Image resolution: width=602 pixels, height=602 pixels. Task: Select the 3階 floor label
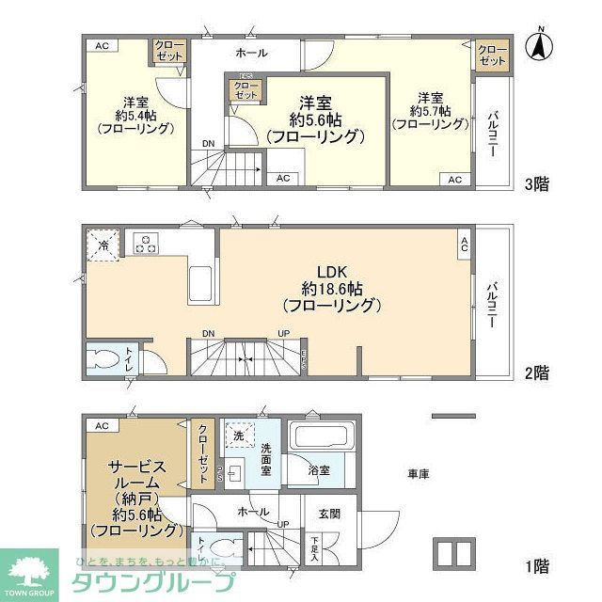pyautogui.click(x=536, y=184)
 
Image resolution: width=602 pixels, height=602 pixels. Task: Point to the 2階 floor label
pyautogui.click(x=536, y=373)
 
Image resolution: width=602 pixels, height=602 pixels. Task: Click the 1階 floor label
pyautogui.click(x=536, y=565)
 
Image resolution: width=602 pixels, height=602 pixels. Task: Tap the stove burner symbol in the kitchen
pyautogui.click(x=146, y=244)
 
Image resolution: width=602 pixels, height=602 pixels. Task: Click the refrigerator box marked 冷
pyautogui.click(x=102, y=246)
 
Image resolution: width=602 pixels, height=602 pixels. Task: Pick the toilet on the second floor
pyautogui.click(x=100, y=359)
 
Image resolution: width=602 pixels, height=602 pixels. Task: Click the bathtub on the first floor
pyautogui.click(x=320, y=437)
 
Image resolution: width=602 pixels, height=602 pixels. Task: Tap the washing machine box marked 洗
pyautogui.click(x=238, y=436)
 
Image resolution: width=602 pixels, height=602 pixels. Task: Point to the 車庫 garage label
pyautogui.click(x=420, y=475)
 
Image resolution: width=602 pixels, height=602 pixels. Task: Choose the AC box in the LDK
pyautogui.click(x=464, y=246)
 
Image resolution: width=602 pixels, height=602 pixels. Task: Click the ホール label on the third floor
pyautogui.click(x=251, y=54)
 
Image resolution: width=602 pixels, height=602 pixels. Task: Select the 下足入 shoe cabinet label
pyautogui.click(x=314, y=547)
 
